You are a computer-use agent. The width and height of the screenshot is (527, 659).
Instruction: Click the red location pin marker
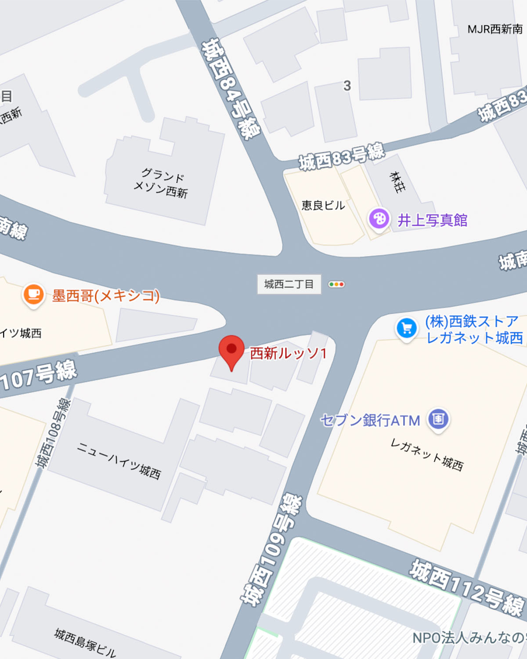pos(231,351)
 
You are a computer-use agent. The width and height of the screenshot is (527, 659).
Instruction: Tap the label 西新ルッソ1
pos(288,353)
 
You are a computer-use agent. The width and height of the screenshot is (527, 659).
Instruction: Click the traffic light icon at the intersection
pos(336,284)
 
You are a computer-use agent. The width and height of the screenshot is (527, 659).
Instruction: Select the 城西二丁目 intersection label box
pos(289,284)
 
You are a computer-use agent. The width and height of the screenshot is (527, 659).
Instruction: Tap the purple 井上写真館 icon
pos(379,218)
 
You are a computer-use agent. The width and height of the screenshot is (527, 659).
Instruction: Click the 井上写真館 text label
pos(432,220)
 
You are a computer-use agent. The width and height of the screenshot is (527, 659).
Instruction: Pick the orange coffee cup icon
pos(33,294)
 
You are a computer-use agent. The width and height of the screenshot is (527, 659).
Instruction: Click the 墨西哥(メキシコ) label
pos(105,296)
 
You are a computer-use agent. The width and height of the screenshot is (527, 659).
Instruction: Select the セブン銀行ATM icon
pos(438,419)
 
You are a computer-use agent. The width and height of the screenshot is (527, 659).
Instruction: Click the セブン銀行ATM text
pos(370,420)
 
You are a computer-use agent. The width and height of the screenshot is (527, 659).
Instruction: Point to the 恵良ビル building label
pos(323,205)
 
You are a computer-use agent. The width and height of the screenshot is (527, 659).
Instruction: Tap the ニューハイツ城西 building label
pos(119,460)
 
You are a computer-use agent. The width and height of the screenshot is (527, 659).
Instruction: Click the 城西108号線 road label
pos(53,433)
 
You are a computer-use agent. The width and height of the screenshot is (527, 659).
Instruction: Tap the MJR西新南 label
pos(495,29)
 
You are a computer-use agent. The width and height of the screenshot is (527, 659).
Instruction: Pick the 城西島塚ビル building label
pos(85,642)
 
